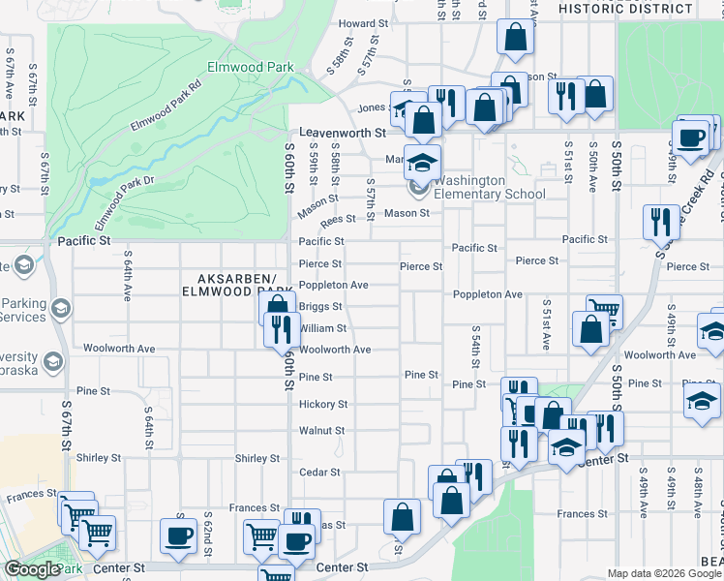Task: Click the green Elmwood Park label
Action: click(x=242, y=69)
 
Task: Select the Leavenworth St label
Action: click(x=343, y=133)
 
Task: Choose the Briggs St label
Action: click(x=320, y=306)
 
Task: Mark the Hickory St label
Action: click(x=322, y=404)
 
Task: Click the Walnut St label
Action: click(x=321, y=430)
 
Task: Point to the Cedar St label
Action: click(x=320, y=472)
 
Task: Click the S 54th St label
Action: click(x=476, y=347)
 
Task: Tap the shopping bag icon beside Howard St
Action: click(x=516, y=38)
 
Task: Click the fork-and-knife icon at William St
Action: click(x=279, y=329)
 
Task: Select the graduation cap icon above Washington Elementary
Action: click(x=422, y=161)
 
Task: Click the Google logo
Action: click(x=32, y=569)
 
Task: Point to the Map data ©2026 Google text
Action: click(x=664, y=573)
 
